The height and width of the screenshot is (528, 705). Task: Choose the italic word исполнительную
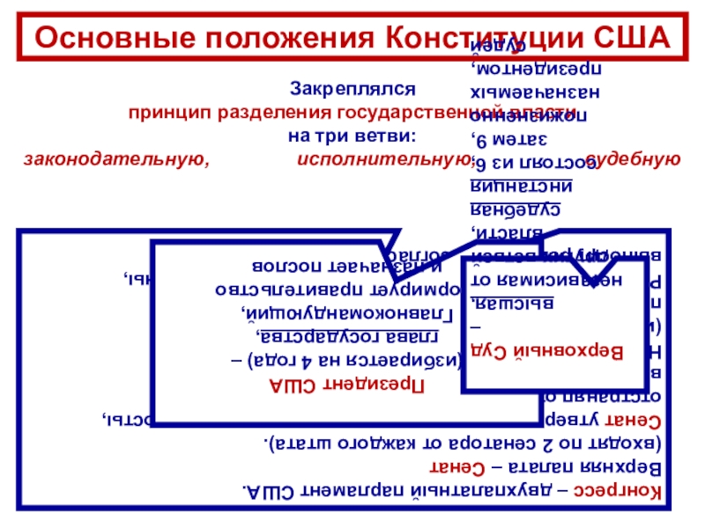[x=381, y=159]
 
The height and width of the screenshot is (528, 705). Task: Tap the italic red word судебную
[x=636, y=159]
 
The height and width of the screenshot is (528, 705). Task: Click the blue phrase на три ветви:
[x=352, y=136]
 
